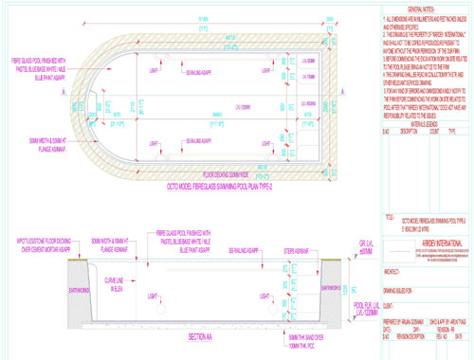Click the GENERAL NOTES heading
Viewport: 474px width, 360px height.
click(x=414, y=6)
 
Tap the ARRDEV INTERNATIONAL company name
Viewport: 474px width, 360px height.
click(x=414, y=238)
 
